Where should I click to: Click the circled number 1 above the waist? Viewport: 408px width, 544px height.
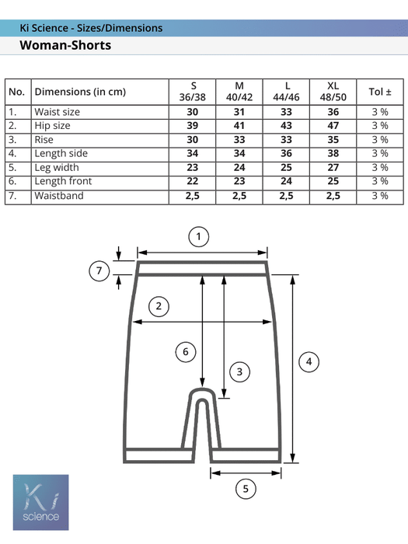(x=198, y=236)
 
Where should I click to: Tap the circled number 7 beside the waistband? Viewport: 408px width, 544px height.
(x=99, y=270)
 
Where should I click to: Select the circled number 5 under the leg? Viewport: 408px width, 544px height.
(x=246, y=489)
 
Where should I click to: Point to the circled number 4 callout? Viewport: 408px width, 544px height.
(x=309, y=362)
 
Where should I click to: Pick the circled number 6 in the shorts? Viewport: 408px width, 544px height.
(x=186, y=352)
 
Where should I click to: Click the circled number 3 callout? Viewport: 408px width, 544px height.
(x=239, y=372)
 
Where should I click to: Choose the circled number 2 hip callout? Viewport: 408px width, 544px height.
(x=159, y=306)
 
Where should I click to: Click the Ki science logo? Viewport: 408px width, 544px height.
(x=41, y=502)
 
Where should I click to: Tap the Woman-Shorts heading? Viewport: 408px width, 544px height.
(x=65, y=45)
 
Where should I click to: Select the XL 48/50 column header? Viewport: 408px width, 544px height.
(x=333, y=92)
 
